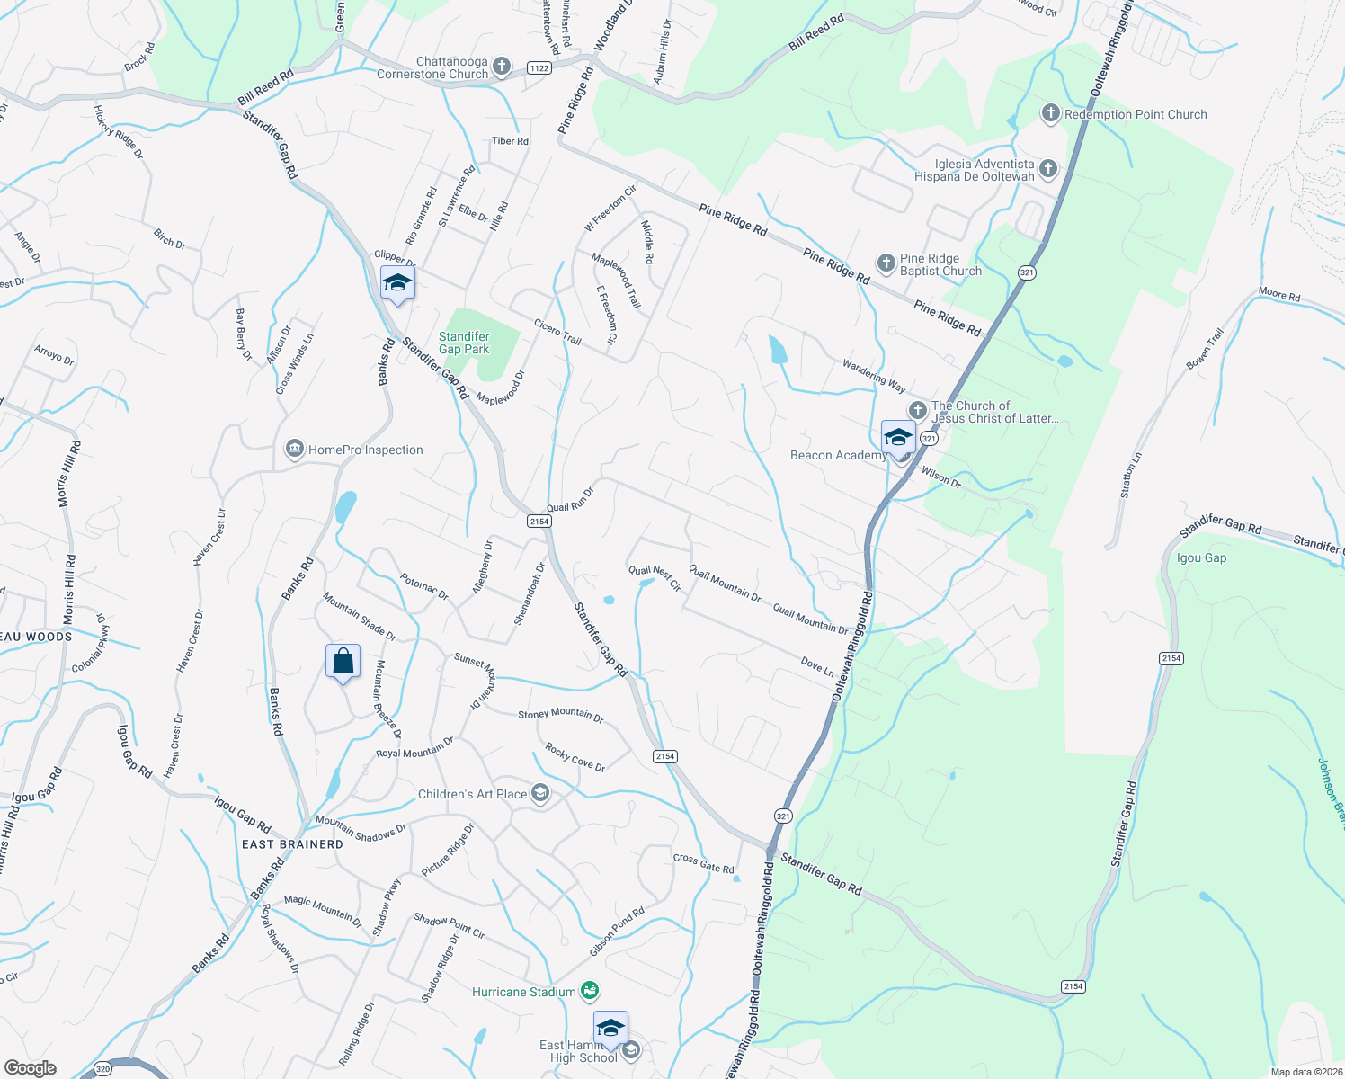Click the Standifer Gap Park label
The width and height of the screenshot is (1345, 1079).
[x=464, y=343]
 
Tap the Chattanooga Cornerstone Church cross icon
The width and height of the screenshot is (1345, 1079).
[x=502, y=67]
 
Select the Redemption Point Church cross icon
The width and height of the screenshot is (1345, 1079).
[x=1049, y=113]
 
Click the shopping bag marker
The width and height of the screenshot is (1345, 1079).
[x=343, y=662]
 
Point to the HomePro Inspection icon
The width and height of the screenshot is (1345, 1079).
[x=294, y=450]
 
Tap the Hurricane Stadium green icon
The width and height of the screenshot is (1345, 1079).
[x=590, y=991]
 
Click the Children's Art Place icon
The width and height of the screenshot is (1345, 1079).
[x=540, y=793]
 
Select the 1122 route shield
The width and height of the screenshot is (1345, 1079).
[x=539, y=68]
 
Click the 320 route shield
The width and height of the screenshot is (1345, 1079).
[x=102, y=1069]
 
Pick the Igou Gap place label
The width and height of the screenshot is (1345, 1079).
[x=1201, y=557]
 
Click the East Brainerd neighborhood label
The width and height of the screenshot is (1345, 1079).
[x=292, y=844]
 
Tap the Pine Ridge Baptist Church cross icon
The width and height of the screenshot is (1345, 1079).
[x=886, y=263]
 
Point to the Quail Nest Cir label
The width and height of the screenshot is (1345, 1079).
[x=655, y=577]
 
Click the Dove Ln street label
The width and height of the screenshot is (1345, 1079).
[x=817, y=666]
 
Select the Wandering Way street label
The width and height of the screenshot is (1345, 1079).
[x=873, y=376]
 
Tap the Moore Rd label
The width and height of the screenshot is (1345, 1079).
[x=1278, y=294]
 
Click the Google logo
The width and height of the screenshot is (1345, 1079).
[x=31, y=1068]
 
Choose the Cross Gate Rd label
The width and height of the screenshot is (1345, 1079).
[x=703, y=863]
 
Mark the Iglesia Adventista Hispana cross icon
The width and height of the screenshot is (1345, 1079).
[x=1047, y=168]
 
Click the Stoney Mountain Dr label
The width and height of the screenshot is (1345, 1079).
[x=560, y=715]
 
